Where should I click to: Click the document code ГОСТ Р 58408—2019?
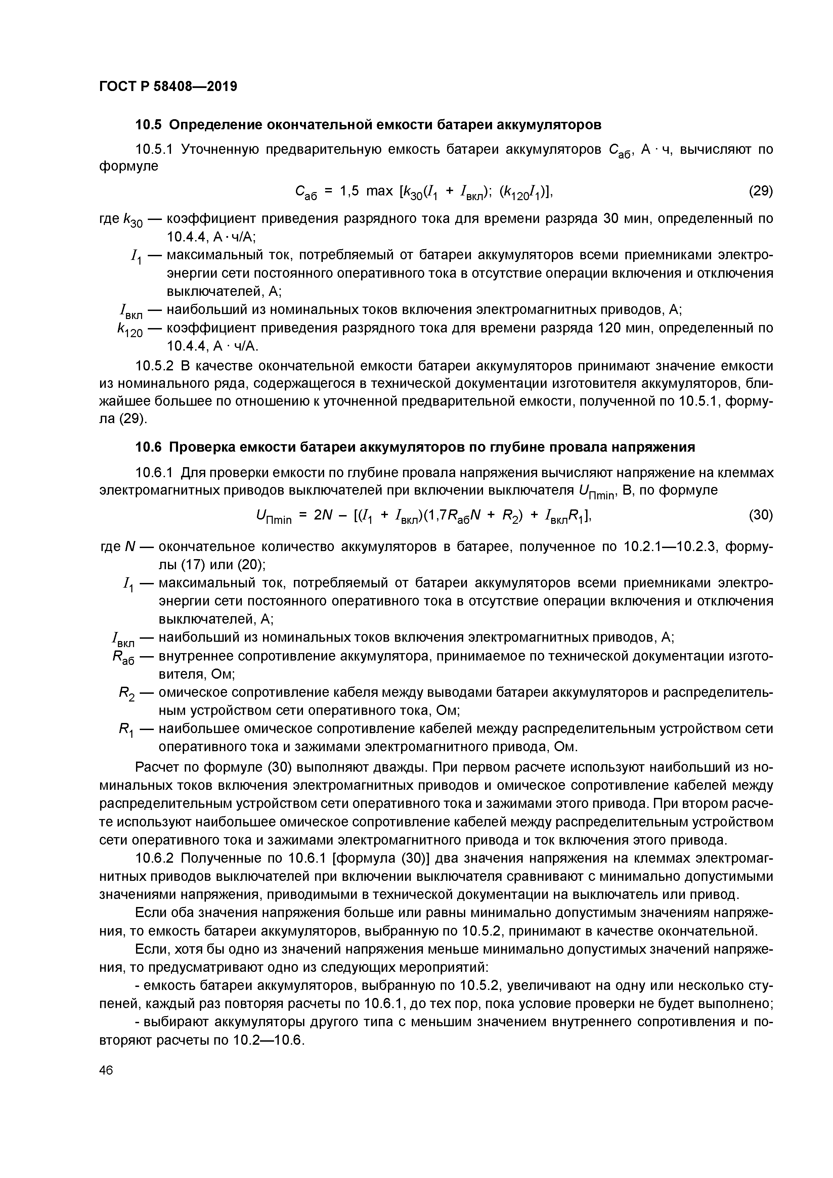click(x=168, y=86)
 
